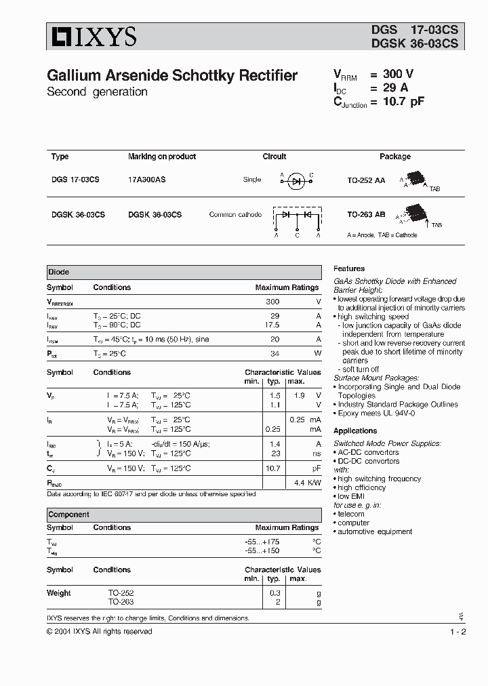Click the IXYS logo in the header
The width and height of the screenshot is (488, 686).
click(91, 37)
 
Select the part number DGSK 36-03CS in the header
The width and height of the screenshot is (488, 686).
click(414, 43)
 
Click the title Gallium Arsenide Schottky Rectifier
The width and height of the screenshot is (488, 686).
click(172, 76)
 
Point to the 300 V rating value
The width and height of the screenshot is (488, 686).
click(398, 75)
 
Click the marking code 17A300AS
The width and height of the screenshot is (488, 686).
click(146, 180)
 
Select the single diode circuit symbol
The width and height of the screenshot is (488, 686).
click(296, 180)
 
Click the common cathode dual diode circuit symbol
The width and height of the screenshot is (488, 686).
click(297, 218)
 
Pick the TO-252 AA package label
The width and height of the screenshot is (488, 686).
click(366, 180)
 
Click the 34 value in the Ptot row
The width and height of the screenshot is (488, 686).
click(274, 354)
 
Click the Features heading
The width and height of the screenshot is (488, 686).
click(349, 268)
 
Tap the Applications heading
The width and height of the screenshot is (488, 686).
click(355, 430)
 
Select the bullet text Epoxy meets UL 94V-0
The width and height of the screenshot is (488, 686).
click(376, 413)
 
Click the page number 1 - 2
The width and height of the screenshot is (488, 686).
click(457, 632)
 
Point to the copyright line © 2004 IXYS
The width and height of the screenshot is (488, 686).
click(99, 632)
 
